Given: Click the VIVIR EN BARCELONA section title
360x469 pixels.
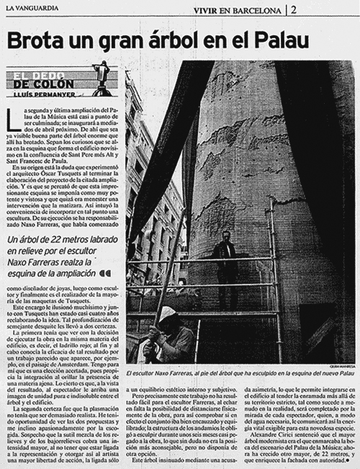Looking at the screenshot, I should click(237, 9).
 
